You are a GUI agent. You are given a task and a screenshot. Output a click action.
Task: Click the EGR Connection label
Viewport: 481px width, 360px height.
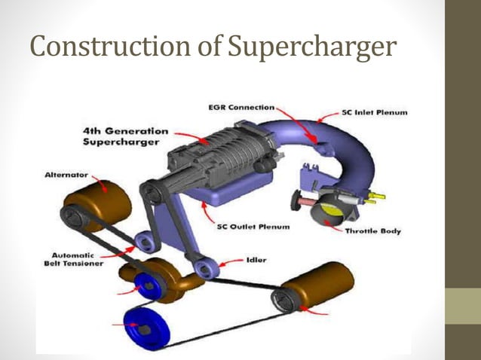240,108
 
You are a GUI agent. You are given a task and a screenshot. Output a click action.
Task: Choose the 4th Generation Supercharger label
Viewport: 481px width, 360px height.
125,137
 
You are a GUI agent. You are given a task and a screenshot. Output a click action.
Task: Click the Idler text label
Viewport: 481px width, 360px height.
255,260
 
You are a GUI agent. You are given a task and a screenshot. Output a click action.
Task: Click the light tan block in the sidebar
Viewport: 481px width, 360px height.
462,306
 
